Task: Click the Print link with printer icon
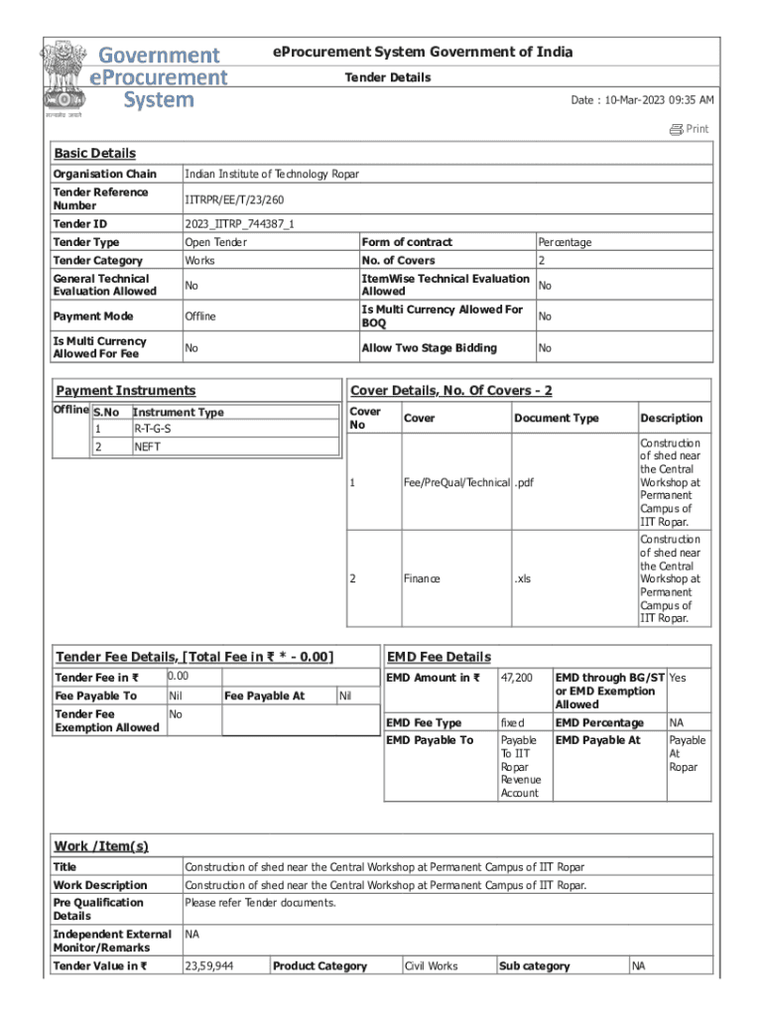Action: tap(689, 129)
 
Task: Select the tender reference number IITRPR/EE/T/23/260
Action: tap(227, 199)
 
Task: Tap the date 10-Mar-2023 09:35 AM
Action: tap(642, 101)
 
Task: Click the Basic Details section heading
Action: tap(94, 154)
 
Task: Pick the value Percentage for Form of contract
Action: tap(565, 242)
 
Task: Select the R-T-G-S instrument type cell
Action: tap(153, 429)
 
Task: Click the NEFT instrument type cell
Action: tap(147, 446)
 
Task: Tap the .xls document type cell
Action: tap(523, 579)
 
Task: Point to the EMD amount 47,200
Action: tap(517, 678)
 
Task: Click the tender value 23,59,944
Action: tap(210, 966)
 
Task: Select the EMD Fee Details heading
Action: tap(439, 657)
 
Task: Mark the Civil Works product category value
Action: tap(432, 966)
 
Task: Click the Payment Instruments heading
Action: tap(126, 391)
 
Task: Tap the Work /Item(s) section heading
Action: tap(101, 846)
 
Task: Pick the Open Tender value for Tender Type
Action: tap(216, 242)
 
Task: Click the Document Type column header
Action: tap(557, 419)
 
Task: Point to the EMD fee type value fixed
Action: tap(513, 723)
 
